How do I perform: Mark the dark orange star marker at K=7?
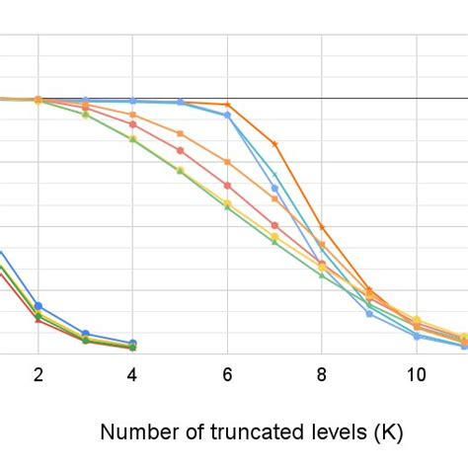[274, 144]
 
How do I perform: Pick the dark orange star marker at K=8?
[322, 227]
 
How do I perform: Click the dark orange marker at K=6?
[227, 105]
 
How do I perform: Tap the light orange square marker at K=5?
[180, 133]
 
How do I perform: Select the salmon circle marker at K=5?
[180, 151]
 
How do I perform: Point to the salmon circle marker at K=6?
[227, 186]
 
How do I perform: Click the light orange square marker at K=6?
[227, 162]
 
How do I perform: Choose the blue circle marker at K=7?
[274, 188]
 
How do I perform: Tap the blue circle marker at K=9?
[369, 313]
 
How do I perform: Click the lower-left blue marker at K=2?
[39, 306]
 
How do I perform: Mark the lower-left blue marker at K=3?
[86, 334]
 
